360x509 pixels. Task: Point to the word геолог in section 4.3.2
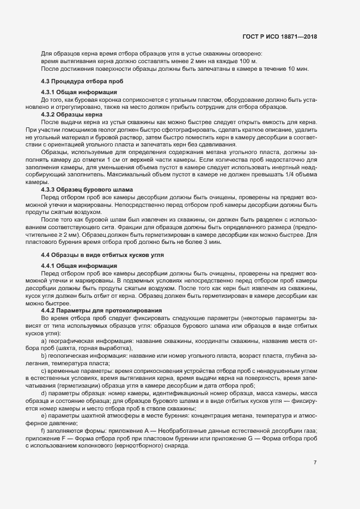(112, 130)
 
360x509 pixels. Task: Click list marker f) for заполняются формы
(43, 431)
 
